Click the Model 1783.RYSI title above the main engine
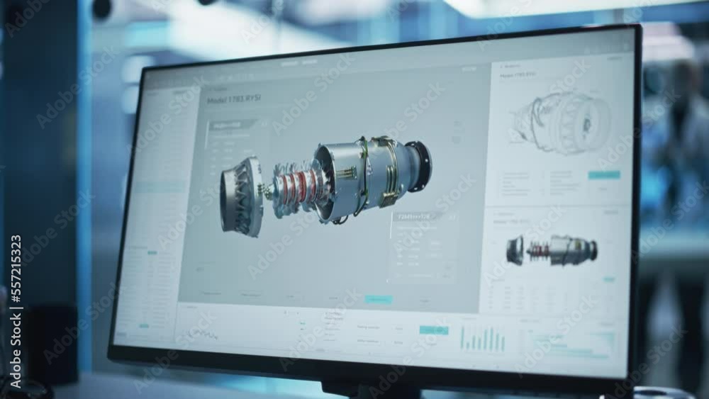click(x=233, y=100)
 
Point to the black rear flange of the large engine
click(x=419, y=165)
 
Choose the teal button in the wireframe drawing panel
click(x=603, y=175)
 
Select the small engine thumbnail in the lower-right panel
click(x=552, y=250)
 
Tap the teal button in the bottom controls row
click(x=433, y=330)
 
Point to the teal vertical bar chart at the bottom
click(x=483, y=339)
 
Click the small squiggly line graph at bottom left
click(x=201, y=334)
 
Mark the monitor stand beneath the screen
click(x=369, y=389)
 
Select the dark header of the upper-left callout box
click(x=233, y=125)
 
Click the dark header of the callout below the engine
click(x=418, y=216)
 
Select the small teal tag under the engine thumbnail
click(x=608, y=279)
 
